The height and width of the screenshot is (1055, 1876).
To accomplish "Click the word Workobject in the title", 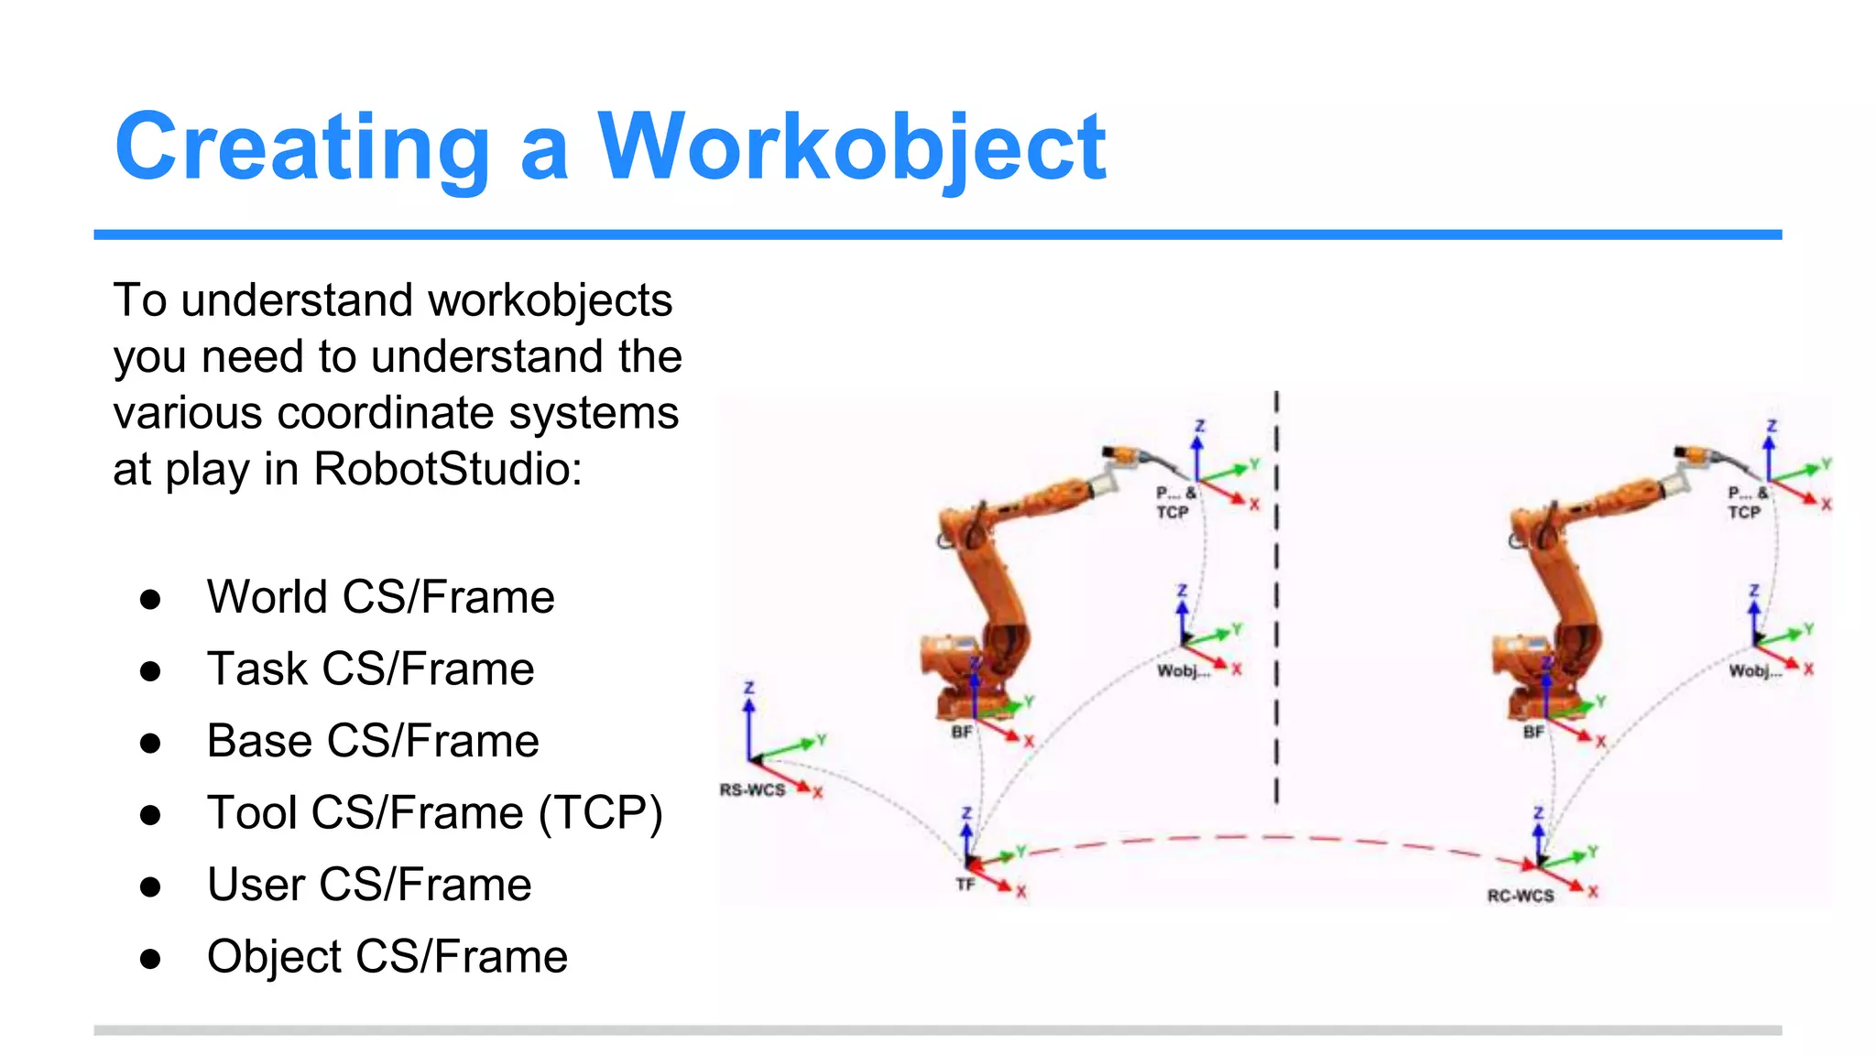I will pyautogui.click(x=852, y=147).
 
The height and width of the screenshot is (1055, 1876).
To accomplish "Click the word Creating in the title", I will pyautogui.click(x=302, y=147).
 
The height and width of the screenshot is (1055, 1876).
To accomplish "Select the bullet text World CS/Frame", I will pyautogui.click(x=380, y=597).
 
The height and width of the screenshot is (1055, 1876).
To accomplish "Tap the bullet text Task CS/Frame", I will pyautogui.click(x=370, y=669).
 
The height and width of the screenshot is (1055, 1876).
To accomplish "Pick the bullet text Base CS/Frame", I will pyautogui.click(x=373, y=741).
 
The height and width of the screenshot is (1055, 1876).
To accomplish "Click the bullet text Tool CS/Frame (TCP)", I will pyautogui.click(x=434, y=813).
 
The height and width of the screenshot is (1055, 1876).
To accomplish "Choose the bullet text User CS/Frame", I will pyautogui.click(x=369, y=885).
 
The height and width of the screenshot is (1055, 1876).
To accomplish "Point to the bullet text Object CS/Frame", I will pyautogui.click(x=387, y=957).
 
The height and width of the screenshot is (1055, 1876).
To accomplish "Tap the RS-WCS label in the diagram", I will pyautogui.click(x=752, y=790).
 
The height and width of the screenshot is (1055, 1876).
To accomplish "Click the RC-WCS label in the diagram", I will pyautogui.click(x=1521, y=896).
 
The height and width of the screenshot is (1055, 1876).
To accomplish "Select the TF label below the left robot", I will pyautogui.click(x=965, y=885).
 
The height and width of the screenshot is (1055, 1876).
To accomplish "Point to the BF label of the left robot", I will pyautogui.click(x=962, y=733).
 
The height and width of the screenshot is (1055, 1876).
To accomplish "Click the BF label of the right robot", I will pyautogui.click(x=1533, y=733).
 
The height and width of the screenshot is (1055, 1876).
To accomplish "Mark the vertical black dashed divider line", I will pyautogui.click(x=1276, y=595).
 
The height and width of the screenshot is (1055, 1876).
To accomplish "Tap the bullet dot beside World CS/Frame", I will pyautogui.click(x=150, y=599).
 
